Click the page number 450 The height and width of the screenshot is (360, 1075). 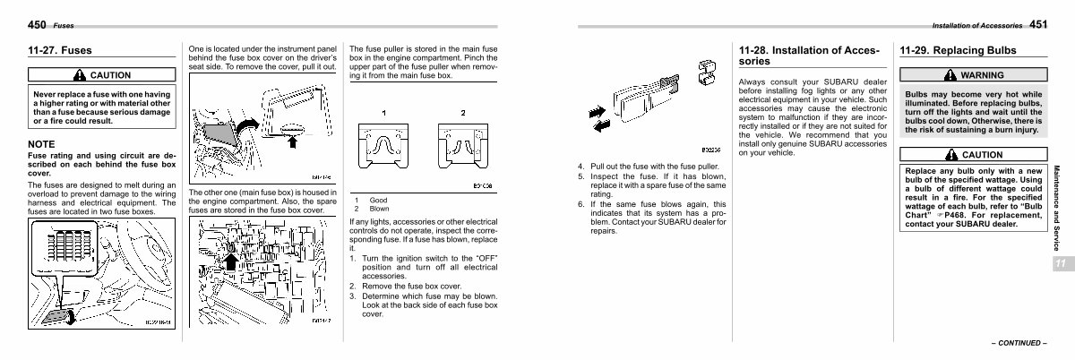click(38, 24)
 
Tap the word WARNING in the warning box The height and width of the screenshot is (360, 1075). click(982, 75)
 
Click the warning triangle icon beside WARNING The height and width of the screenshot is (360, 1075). click(950, 75)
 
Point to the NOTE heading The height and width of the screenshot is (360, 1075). click(41, 144)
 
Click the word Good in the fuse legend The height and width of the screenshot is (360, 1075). click(379, 200)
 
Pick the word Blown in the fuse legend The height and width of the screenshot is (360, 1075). click(381, 208)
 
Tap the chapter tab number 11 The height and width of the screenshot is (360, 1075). click(1060, 262)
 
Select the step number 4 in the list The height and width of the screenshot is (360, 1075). click(580, 167)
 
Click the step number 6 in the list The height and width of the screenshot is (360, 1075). click(580, 204)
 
